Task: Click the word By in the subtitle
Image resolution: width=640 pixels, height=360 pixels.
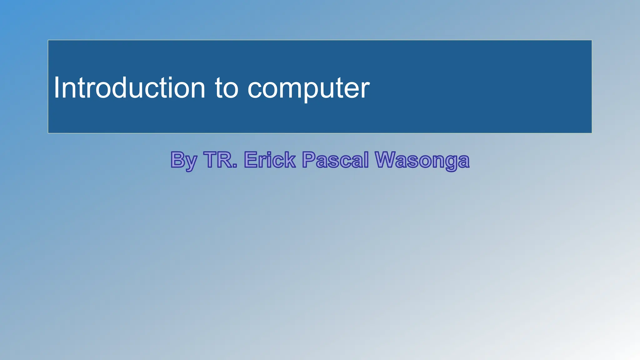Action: click(184, 160)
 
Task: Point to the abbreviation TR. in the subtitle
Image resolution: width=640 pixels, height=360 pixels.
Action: click(220, 160)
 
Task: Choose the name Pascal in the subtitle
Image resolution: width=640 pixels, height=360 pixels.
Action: click(335, 160)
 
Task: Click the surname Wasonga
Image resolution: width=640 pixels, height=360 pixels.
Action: click(422, 160)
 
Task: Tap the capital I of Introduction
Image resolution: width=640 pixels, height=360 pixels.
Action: click(57, 88)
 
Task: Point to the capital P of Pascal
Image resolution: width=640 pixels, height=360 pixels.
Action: click(309, 160)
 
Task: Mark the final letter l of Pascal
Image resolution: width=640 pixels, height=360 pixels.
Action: click(366, 159)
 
